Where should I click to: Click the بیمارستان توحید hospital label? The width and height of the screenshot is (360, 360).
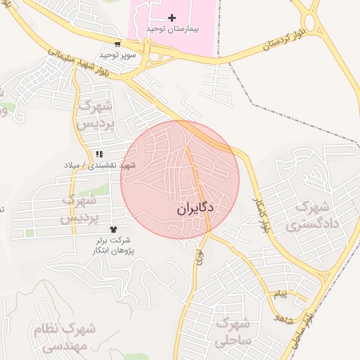tap(173, 29)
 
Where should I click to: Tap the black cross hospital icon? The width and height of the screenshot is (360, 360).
tap(172, 17)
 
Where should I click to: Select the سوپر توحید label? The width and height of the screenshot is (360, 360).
tap(116, 54)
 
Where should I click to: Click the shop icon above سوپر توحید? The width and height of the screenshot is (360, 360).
tap(117, 43)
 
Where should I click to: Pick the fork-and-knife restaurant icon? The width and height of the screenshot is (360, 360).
tap(99, 153)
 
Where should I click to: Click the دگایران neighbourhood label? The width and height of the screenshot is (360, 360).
tap(194, 209)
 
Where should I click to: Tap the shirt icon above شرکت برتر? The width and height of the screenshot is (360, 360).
tap(113, 229)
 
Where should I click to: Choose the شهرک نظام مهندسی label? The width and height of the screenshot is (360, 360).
tap(60, 337)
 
